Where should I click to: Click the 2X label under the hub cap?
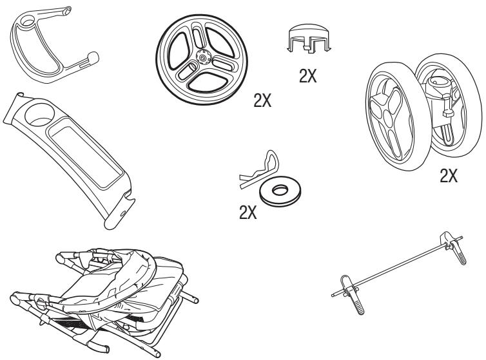tap(308, 75)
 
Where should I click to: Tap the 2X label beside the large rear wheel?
tap(262, 100)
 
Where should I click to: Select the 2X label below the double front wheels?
tap(449, 176)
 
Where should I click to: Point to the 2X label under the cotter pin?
tap(248, 213)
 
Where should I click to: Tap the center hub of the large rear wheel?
tap(203, 57)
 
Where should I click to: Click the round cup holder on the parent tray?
tap(39, 115)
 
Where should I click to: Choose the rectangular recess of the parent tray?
tap(86, 153)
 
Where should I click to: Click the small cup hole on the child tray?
tap(28, 21)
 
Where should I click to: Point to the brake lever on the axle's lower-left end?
tap(351, 294)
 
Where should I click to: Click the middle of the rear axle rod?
tap(397, 267)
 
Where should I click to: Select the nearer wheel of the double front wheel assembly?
tap(394, 116)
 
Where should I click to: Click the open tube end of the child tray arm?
tap(66, 11)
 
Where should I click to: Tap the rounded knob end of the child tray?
tap(93, 57)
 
